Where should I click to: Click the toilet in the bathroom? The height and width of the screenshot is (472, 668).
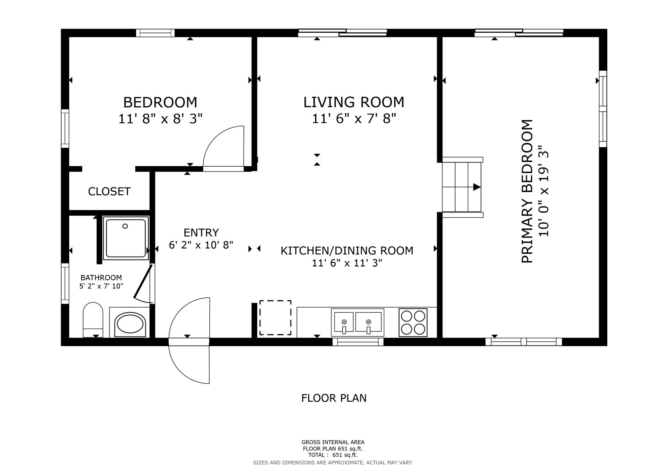[x=93, y=320]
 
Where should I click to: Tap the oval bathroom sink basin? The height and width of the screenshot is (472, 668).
[x=130, y=324]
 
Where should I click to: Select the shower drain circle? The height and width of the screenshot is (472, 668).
[x=125, y=226]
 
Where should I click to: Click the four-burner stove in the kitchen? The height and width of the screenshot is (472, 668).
[x=413, y=322]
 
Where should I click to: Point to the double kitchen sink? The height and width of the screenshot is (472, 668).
[x=358, y=322]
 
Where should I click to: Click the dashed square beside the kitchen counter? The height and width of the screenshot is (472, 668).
[x=275, y=318]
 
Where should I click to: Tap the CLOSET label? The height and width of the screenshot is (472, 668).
[x=109, y=191]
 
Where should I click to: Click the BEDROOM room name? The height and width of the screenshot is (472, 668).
[x=160, y=102]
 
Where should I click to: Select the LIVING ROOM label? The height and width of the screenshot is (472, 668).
[x=354, y=102]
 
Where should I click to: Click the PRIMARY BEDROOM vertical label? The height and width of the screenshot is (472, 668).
[x=527, y=191]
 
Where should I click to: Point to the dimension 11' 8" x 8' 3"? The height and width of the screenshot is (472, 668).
[x=161, y=119]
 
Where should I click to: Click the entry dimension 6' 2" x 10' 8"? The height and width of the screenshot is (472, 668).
[x=201, y=245]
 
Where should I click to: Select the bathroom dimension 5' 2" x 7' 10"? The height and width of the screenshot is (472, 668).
[x=101, y=286]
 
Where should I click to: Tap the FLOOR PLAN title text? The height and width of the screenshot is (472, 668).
[x=334, y=398]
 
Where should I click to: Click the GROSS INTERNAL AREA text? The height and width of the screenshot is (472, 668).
[x=333, y=442]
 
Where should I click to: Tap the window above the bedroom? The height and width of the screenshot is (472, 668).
[x=155, y=33]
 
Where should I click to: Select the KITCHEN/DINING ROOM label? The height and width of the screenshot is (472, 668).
[x=347, y=250]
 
